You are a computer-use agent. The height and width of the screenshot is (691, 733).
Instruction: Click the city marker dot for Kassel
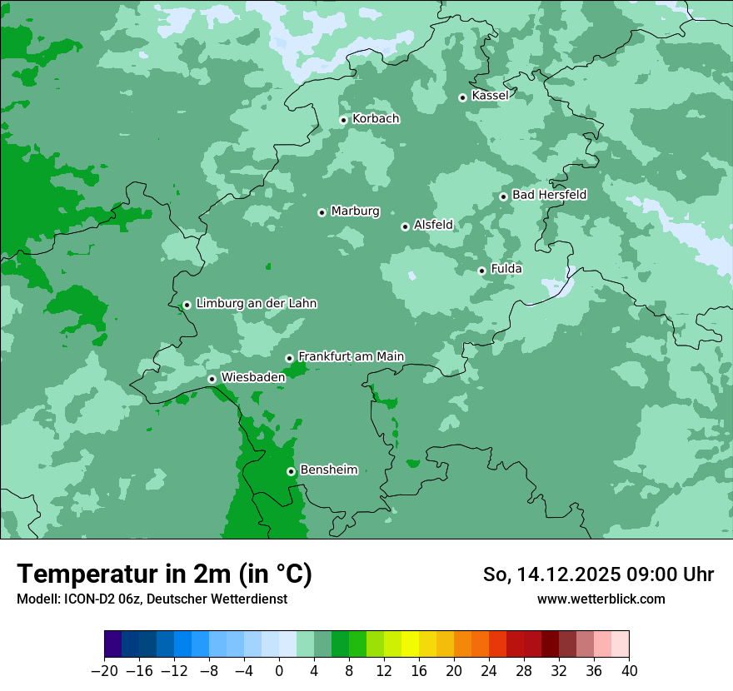(462, 97)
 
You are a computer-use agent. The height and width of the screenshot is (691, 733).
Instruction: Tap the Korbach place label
(376, 119)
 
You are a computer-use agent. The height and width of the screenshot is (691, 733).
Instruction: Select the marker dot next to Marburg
(322, 212)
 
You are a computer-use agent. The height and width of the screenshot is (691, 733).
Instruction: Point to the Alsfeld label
(433, 225)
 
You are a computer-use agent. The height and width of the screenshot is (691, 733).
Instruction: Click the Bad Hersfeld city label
(549, 195)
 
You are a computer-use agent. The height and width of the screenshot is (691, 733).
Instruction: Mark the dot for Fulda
(481, 271)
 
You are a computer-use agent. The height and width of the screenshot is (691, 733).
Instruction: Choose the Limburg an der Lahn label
(256, 304)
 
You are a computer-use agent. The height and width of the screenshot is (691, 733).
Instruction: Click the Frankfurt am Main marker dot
(289, 358)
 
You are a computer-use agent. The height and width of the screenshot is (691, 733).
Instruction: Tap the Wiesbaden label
(252, 377)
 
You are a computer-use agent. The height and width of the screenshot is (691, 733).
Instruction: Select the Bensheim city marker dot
(291, 471)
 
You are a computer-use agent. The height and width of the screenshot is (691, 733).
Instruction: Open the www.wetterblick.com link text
(601, 599)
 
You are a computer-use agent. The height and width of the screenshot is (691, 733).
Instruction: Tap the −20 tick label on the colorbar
(104, 671)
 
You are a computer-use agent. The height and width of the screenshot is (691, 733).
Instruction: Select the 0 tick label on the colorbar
(279, 671)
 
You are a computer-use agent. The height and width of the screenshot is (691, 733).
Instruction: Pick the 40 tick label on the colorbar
(629, 671)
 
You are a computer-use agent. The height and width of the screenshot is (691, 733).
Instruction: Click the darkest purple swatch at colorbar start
(112, 644)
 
